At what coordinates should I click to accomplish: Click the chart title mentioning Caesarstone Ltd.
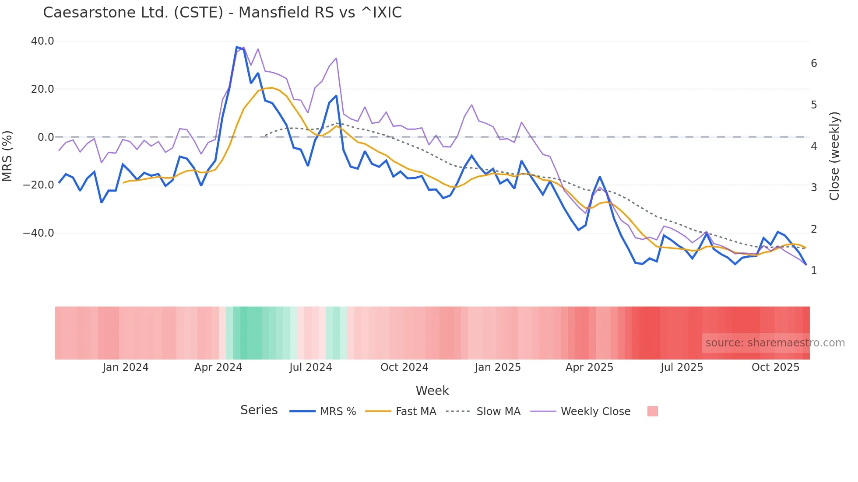[x=222, y=13]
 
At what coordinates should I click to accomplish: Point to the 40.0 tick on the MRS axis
[x=42, y=41]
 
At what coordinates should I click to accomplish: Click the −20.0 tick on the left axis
[x=39, y=185]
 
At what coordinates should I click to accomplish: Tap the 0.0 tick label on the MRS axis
[x=46, y=137]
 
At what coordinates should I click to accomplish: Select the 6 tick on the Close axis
[x=814, y=63]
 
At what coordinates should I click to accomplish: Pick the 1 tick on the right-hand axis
[x=814, y=271]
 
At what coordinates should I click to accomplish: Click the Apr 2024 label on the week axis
[x=218, y=367]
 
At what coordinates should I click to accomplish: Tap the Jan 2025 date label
[x=498, y=367]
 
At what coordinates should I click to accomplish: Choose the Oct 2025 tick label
[x=775, y=367]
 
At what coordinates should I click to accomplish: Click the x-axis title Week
[x=432, y=391]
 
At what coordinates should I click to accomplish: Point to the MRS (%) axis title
[x=7, y=156]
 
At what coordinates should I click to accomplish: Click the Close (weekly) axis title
[x=834, y=156]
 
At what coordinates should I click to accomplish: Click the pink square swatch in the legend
[x=652, y=411]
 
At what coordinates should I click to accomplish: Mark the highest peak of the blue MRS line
[x=236, y=47]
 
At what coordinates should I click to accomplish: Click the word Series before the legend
[x=259, y=410]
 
